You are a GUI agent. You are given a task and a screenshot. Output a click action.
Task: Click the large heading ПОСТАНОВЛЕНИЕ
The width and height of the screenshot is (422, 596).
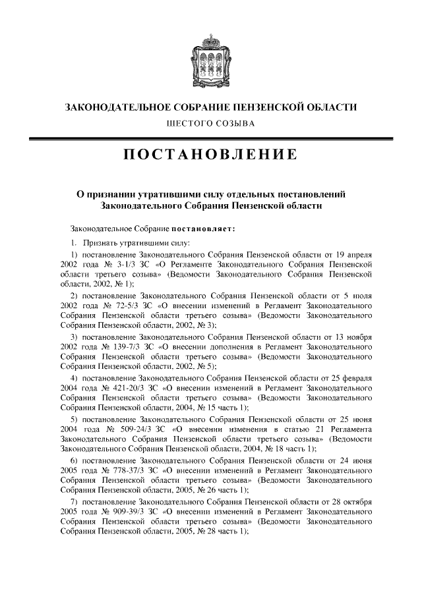pyautogui.click(x=211, y=155)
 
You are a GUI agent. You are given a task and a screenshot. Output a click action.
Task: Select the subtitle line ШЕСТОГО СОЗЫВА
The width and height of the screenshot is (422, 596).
pyautogui.click(x=211, y=123)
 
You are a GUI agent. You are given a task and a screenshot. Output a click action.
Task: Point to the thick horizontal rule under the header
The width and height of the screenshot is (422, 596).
pyautogui.click(x=211, y=138)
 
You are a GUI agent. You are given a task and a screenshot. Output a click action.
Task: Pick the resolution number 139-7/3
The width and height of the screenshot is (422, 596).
pyautogui.click(x=125, y=346)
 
